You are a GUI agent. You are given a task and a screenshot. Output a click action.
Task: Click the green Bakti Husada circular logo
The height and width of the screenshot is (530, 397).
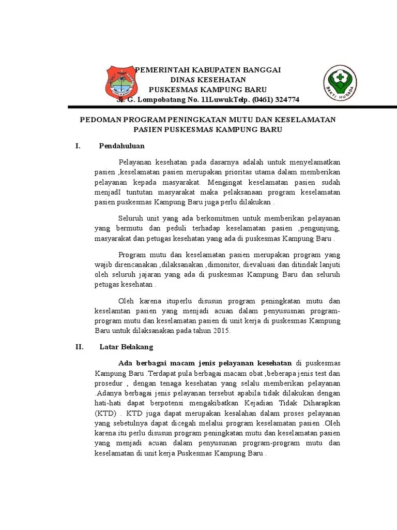click(x=340, y=83)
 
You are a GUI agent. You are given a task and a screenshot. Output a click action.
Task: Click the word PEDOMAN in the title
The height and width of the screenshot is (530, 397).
click(x=99, y=120)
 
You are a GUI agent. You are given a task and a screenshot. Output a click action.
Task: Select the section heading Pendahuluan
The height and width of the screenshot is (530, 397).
click(x=121, y=146)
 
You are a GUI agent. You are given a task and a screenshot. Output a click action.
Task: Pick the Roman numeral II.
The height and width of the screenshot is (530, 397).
click(x=79, y=347)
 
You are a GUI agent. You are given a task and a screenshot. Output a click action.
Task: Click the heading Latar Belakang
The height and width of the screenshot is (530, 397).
click(x=126, y=347)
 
